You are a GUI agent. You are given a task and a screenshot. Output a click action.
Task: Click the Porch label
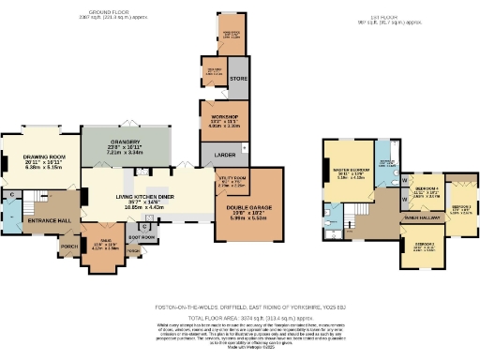[x=68, y=247]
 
